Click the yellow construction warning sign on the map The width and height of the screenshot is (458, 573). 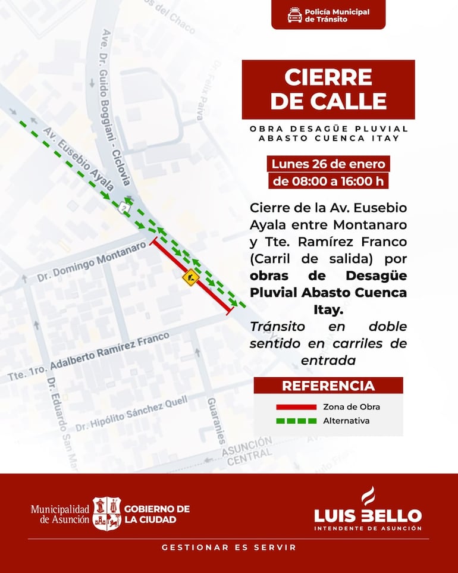click(190, 277)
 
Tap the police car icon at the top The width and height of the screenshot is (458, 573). click(294, 15)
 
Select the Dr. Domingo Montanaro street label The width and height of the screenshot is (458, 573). click(91, 262)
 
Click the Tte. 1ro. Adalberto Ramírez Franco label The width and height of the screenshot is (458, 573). click(89, 358)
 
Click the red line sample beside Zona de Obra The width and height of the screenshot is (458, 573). click(295, 407)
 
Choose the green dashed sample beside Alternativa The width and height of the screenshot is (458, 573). click(295, 421)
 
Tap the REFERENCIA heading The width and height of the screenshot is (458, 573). click(328, 386)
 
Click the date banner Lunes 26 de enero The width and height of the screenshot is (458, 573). click(328, 164)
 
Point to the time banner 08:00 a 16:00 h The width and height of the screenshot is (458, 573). click(328, 180)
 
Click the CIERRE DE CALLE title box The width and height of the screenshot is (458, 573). click(328, 89)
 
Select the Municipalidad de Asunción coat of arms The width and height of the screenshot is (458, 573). click(106, 513)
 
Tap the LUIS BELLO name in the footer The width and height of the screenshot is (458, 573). click(368, 515)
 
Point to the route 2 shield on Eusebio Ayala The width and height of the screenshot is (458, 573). click(124, 206)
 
